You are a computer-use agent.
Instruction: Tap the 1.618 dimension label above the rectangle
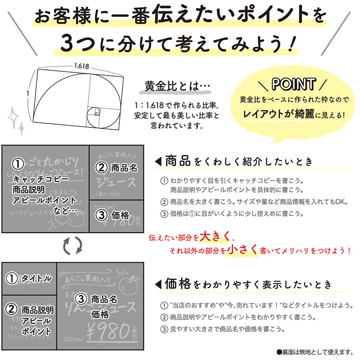click(81, 66)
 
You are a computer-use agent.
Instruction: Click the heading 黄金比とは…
click(172, 86)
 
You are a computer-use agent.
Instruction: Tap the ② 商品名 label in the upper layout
click(116, 168)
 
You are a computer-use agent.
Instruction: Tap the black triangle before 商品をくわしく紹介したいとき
click(158, 161)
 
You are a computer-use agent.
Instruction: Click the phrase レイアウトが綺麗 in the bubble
click(279, 114)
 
